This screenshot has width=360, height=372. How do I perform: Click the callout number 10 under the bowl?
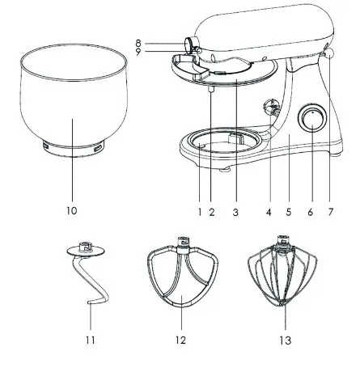click(x=72, y=210)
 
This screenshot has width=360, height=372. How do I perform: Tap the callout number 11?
click(x=91, y=340)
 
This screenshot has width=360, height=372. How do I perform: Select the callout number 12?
click(x=181, y=340)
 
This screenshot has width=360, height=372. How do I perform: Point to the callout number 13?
click(x=286, y=340)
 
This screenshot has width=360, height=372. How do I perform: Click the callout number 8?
click(x=138, y=43)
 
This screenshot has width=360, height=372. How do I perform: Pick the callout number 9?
click(x=138, y=52)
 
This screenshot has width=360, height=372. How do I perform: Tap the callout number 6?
click(x=311, y=212)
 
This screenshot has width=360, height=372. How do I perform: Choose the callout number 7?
click(x=331, y=212)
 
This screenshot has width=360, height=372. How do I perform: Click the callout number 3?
click(x=235, y=213)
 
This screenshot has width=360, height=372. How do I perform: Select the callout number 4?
click(x=269, y=213)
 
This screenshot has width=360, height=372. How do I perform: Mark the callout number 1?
click(x=200, y=212)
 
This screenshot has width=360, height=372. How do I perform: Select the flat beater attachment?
click(x=183, y=271)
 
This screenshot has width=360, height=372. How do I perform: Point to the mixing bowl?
click(x=74, y=99)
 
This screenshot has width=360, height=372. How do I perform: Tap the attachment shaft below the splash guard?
click(x=211, y=89)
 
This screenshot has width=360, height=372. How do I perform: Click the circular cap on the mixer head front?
click(x=188, y=44)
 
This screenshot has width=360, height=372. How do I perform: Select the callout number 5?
click(x=289, y=213)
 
